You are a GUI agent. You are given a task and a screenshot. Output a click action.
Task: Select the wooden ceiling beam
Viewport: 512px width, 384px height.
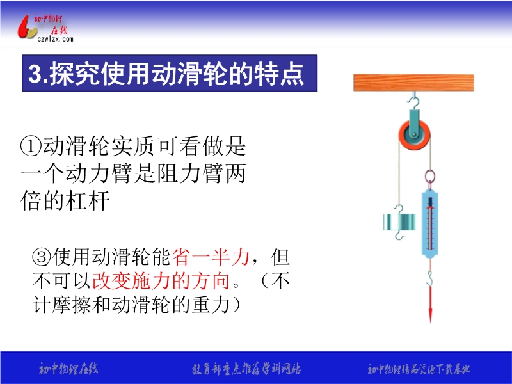[x=413, y=83]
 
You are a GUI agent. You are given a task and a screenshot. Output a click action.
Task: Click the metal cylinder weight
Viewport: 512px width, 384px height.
[x=399, y=222]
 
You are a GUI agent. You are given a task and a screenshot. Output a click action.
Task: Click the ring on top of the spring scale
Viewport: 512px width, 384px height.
[x=429, y=177]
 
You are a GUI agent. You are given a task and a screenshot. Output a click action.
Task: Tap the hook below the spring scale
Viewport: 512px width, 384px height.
[x=430, y=278]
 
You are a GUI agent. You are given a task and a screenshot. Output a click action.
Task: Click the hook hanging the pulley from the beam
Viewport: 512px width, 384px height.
[x=413, y=100]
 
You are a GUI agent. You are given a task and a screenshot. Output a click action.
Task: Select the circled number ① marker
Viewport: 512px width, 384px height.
[x=31, y=146]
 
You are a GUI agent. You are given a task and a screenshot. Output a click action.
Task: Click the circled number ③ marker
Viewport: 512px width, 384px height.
[x=42, y=257]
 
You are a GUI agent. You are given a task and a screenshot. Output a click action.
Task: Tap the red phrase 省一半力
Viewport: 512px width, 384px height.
[x=211, y=257]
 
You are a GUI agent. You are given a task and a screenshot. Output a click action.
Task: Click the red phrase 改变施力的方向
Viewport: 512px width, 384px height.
[x=161, y=280]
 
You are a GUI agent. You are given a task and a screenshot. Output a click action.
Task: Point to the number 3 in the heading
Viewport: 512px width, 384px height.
[x=34, y=74]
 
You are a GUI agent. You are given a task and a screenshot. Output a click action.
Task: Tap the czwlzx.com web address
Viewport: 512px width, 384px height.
[x=56, y=39]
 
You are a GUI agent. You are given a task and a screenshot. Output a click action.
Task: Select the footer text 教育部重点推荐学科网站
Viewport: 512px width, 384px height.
[x=246, y=369]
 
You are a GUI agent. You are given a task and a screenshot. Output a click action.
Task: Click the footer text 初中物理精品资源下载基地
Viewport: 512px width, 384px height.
[x=419, y=369]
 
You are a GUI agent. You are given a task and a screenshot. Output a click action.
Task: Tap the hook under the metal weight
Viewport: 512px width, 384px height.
[x=399, y=235]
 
